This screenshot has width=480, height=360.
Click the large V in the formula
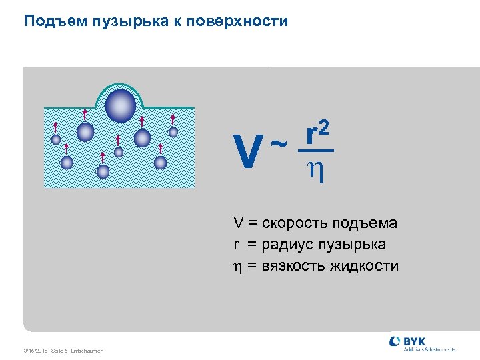[x=248, y=153]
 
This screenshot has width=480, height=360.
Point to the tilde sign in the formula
[x=281, y=142]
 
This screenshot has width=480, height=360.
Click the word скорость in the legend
[x=290, y=223]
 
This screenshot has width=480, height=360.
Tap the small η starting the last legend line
[x=237, y=267]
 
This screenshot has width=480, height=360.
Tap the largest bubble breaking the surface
[x=121, y=105]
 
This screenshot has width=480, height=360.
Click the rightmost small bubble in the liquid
[x=173, y=132]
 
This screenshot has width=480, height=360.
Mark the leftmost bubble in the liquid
[x=56, y=139]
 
